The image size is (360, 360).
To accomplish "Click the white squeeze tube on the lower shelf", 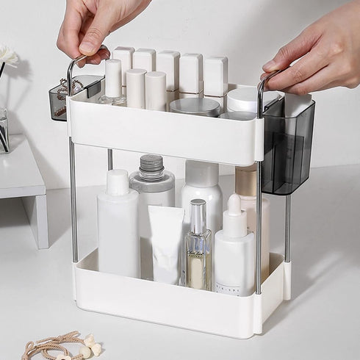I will coord(165,242).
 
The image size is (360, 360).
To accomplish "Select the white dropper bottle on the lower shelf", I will coord(234,250).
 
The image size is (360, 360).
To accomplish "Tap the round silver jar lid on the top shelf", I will coord(195,107).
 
